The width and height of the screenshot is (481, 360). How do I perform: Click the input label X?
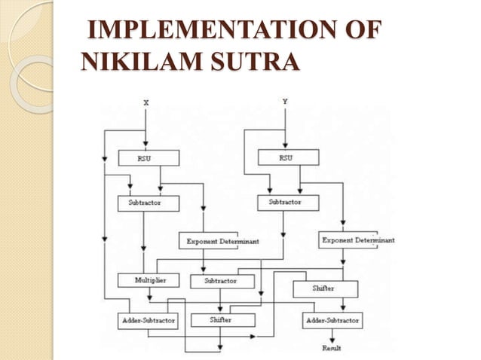[145, 101]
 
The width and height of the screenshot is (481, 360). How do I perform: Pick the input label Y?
[284, 101]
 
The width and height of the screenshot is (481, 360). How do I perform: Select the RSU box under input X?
[149, 158]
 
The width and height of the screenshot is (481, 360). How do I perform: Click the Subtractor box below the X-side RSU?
[149, 203]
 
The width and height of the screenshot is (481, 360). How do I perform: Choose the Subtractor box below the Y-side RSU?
[288, 203]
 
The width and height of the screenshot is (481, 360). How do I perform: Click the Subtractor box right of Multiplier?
[219, 281]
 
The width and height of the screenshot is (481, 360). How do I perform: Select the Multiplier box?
[148, 279]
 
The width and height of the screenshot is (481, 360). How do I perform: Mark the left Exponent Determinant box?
[208, 241]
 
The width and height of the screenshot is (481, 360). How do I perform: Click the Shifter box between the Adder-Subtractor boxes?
[222, 320]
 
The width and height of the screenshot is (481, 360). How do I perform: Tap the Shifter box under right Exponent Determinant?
[324, 288]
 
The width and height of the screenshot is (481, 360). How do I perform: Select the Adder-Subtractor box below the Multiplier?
[148, 320]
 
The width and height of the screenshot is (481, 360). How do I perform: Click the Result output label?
[332, 349]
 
